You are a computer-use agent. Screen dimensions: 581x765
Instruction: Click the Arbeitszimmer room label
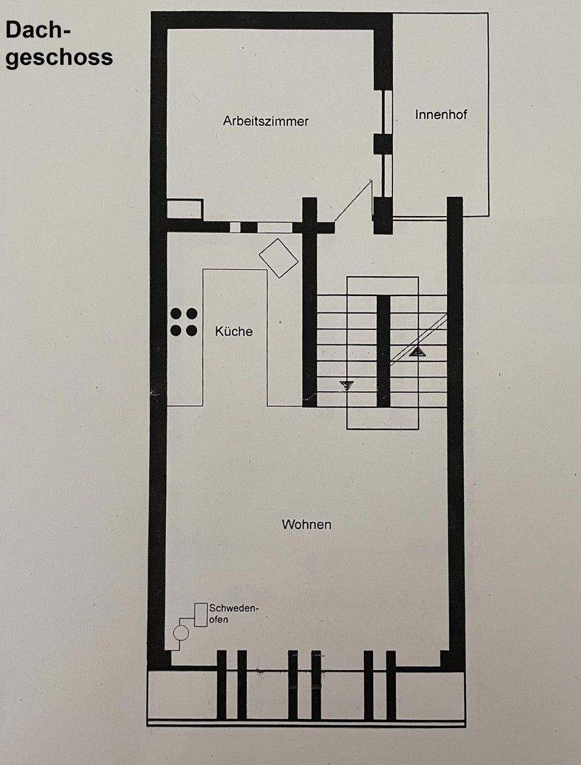pyautogui.click(x=265, y=121)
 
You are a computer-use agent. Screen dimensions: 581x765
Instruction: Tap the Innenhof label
pyautogui.click(x=441, y=114)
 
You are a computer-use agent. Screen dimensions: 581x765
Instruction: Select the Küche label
pyautogui.click(x=233, y=331)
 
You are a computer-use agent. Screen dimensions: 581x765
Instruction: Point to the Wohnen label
pyautogui.click(x=306, y=525)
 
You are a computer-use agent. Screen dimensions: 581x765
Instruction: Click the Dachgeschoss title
pyautogui.click(x=58, y=44)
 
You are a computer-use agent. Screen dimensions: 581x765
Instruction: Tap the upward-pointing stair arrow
pyautogui.click(x=417, y=349)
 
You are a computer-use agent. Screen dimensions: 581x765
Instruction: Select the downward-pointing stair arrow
pyautogui.click(x=346, y=385)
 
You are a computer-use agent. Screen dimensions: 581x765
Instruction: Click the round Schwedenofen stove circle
pyautogui.click(x=182, y=633)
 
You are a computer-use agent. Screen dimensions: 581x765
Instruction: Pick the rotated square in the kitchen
pyautogui.click(x=279, y=258)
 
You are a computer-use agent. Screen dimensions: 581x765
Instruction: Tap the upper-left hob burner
pyautogui.click(x=175, y=313)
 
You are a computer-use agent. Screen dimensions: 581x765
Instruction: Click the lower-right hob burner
pyautogui.click(x=192, y=330)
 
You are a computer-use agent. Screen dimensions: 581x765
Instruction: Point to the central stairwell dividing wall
pyautogui.click(x=383, y=351)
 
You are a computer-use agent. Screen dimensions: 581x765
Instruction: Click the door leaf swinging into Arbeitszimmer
pyautogui.click(x=353, y=201)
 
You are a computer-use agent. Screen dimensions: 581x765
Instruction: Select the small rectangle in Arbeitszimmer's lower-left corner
pyautogui.click(x=184, y=210)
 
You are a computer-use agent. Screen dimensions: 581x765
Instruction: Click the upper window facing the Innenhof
pyautogui.click(x=387, y=112)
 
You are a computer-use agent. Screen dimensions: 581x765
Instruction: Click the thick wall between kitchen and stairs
pyautogui.click(x=309, y=312)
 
